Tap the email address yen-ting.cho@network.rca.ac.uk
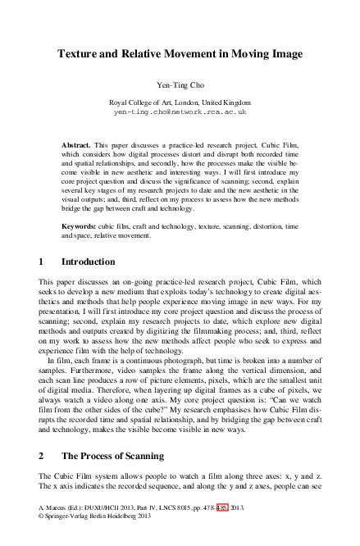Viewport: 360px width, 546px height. (x=180, y=110)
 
